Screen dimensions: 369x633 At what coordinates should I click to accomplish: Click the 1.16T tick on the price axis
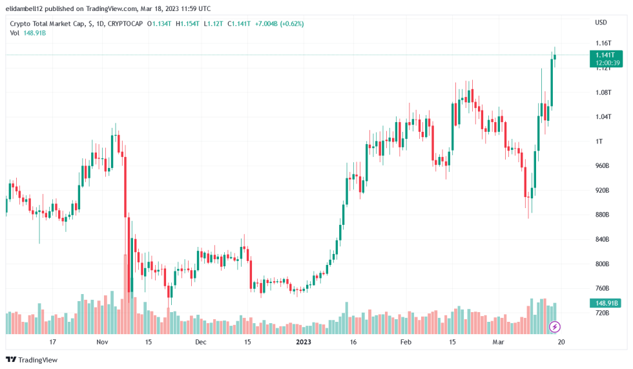point(603,43)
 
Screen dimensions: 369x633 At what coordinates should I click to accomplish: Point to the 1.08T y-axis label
point(603,92)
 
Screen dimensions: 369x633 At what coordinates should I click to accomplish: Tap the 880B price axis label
point(602,215)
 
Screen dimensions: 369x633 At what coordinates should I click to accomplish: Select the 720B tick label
point(602,313)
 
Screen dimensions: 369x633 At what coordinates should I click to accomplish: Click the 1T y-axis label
point(599,142)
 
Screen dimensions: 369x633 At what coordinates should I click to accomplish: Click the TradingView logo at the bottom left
point(32,359)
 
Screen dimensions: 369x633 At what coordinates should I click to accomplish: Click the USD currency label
point(601,23)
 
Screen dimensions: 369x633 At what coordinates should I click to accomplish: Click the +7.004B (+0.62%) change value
point(279,24)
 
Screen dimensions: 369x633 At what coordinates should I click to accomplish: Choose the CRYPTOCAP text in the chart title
point(125,24)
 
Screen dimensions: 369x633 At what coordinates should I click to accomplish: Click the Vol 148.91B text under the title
point(28,33)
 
